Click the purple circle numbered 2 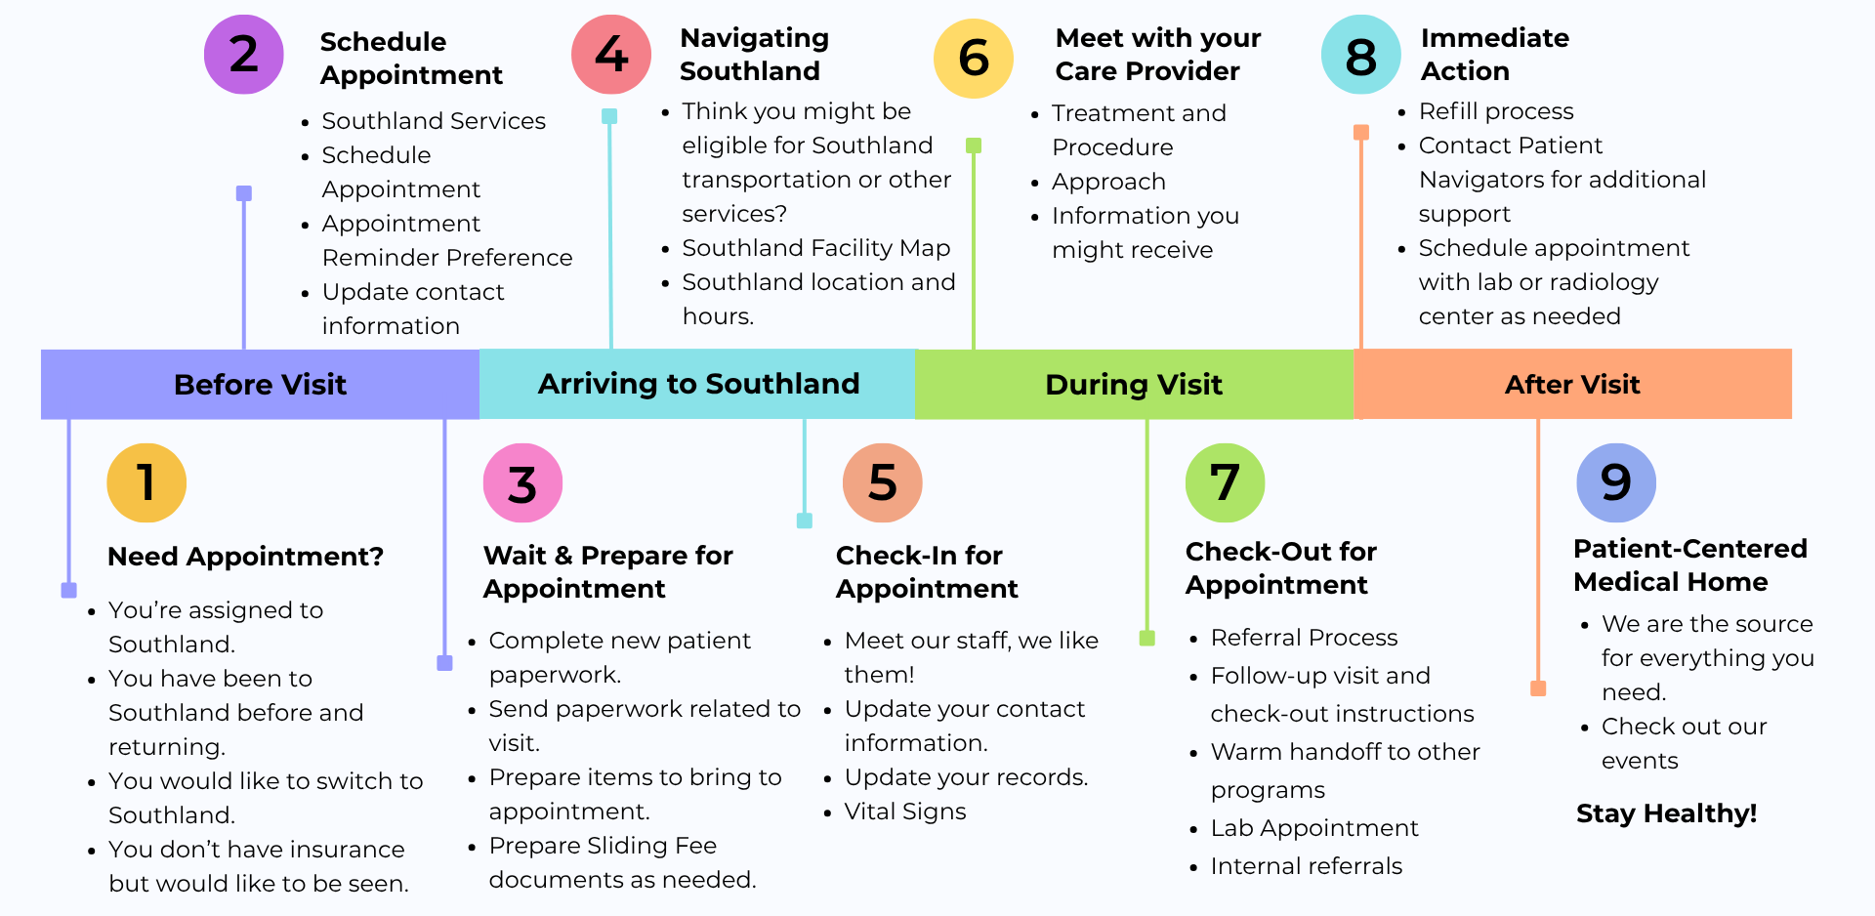[x=244, y=54]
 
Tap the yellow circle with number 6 [x=974, y=59]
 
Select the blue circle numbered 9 [x=1616, y=482]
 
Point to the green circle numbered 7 [x=1225, y=482]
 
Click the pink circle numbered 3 [x=522, y=482]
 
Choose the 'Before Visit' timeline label [x=260, y=385]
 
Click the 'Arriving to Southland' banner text [x=699, y=384]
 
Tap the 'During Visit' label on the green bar [x=1134, y=385]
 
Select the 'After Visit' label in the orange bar [x=1572, y=385]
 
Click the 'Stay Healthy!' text [x=1666, y=813]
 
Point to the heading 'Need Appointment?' [x=245, y=557]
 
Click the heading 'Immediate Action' [x=1495, y=55]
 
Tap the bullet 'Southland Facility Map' [x=816, y=248]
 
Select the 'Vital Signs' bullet [x=905, y=812]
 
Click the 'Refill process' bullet [x=1496, y=111]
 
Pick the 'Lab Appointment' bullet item [x=1314, y=828]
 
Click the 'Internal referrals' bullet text [x=1307, y=866]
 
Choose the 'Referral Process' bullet [x=1304, y=638]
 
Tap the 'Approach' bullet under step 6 [x=1108, y=183]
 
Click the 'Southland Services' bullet [x=434, y=121]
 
